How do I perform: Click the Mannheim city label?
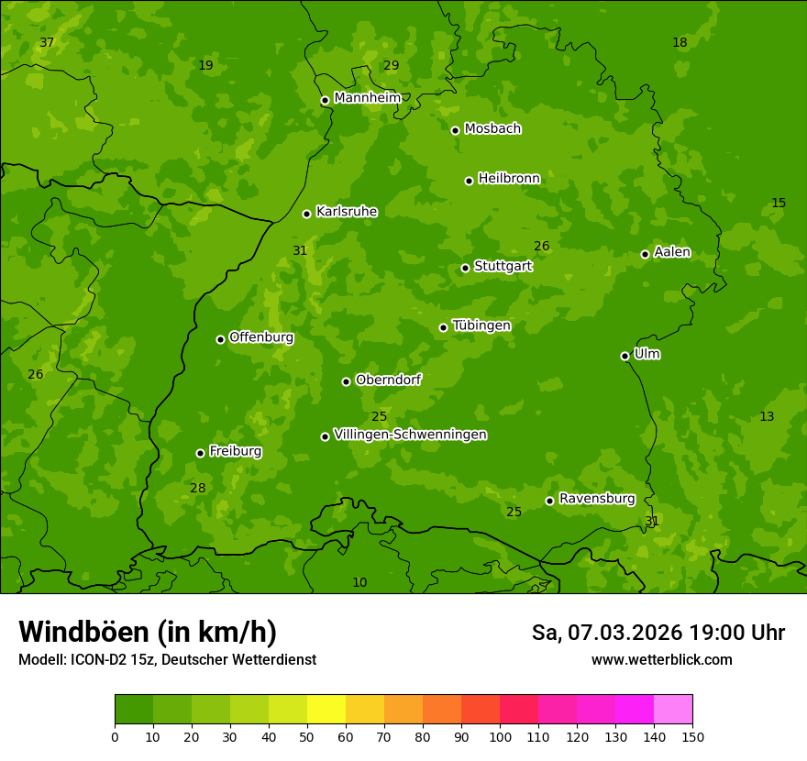coord(367,98)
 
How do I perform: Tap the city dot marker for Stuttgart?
coord(465,268)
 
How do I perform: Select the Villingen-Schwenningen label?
coord(410,435)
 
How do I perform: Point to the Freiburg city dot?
coord(200,453)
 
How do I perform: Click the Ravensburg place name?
coord(596,499)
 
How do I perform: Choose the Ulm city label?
coord(647,354)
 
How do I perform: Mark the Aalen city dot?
coord(645,254)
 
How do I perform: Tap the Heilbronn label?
coord(509,179)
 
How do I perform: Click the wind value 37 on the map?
coord(47,43)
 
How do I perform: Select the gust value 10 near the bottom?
coord(359,582)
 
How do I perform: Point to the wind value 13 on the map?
coord(767,416)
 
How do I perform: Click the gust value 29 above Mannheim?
coord(391,65)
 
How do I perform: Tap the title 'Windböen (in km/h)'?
coord(148,632)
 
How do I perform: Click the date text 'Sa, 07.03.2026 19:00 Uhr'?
coord(658,633)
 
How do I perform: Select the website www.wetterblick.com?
coord(661,659)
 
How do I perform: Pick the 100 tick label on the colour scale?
coord(500,736)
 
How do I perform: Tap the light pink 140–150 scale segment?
coord(672,710)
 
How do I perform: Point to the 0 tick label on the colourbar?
coord(115,736)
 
